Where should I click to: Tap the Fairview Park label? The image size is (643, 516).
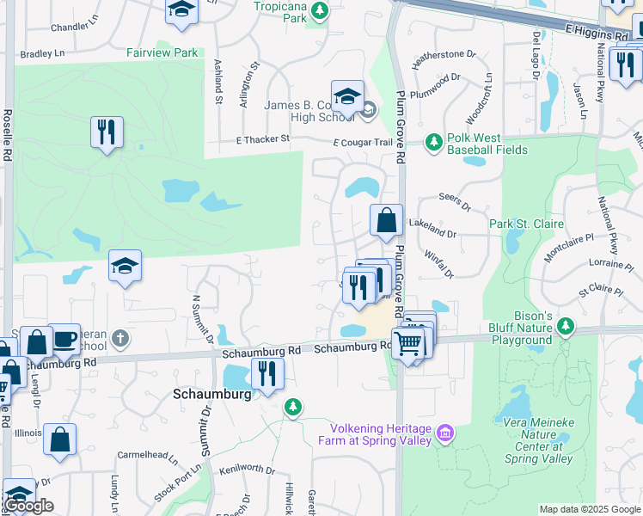coord(162,52)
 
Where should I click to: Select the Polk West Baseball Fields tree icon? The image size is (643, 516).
coord(434,140)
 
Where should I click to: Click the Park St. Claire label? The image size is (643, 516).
coord(526,224)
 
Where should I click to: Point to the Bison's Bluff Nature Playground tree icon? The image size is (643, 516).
coord(565,325)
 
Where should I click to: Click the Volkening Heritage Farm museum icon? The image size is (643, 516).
coord(444,431)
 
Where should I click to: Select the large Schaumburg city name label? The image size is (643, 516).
coord(211,393)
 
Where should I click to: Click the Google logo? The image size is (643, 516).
coord(28,506)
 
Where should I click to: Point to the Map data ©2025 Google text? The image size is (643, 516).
coord(589,509)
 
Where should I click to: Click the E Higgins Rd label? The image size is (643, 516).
coord(597,33)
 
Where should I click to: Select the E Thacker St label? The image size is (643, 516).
coord(264,140)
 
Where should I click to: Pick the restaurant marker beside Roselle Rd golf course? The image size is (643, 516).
coord(107,132)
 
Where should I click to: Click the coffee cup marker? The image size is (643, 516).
coord(64,338)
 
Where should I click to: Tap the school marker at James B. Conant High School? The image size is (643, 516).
coord(347,97)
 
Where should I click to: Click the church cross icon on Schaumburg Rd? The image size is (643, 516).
coord(120,337)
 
